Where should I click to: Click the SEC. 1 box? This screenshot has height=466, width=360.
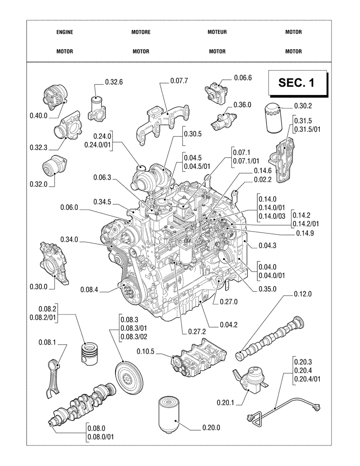[x=296, y=83]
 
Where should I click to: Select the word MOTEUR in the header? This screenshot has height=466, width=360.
[x=217, y=32]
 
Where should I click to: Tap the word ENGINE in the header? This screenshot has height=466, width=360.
[x=64, y=32]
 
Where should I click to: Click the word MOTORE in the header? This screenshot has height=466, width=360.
[x=141, y=32]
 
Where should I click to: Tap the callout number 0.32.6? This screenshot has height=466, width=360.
[x=114, y=82]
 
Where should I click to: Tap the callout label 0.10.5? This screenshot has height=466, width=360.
[x=147, y=351]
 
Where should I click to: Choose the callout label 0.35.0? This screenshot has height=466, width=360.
[x=268, y=289]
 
